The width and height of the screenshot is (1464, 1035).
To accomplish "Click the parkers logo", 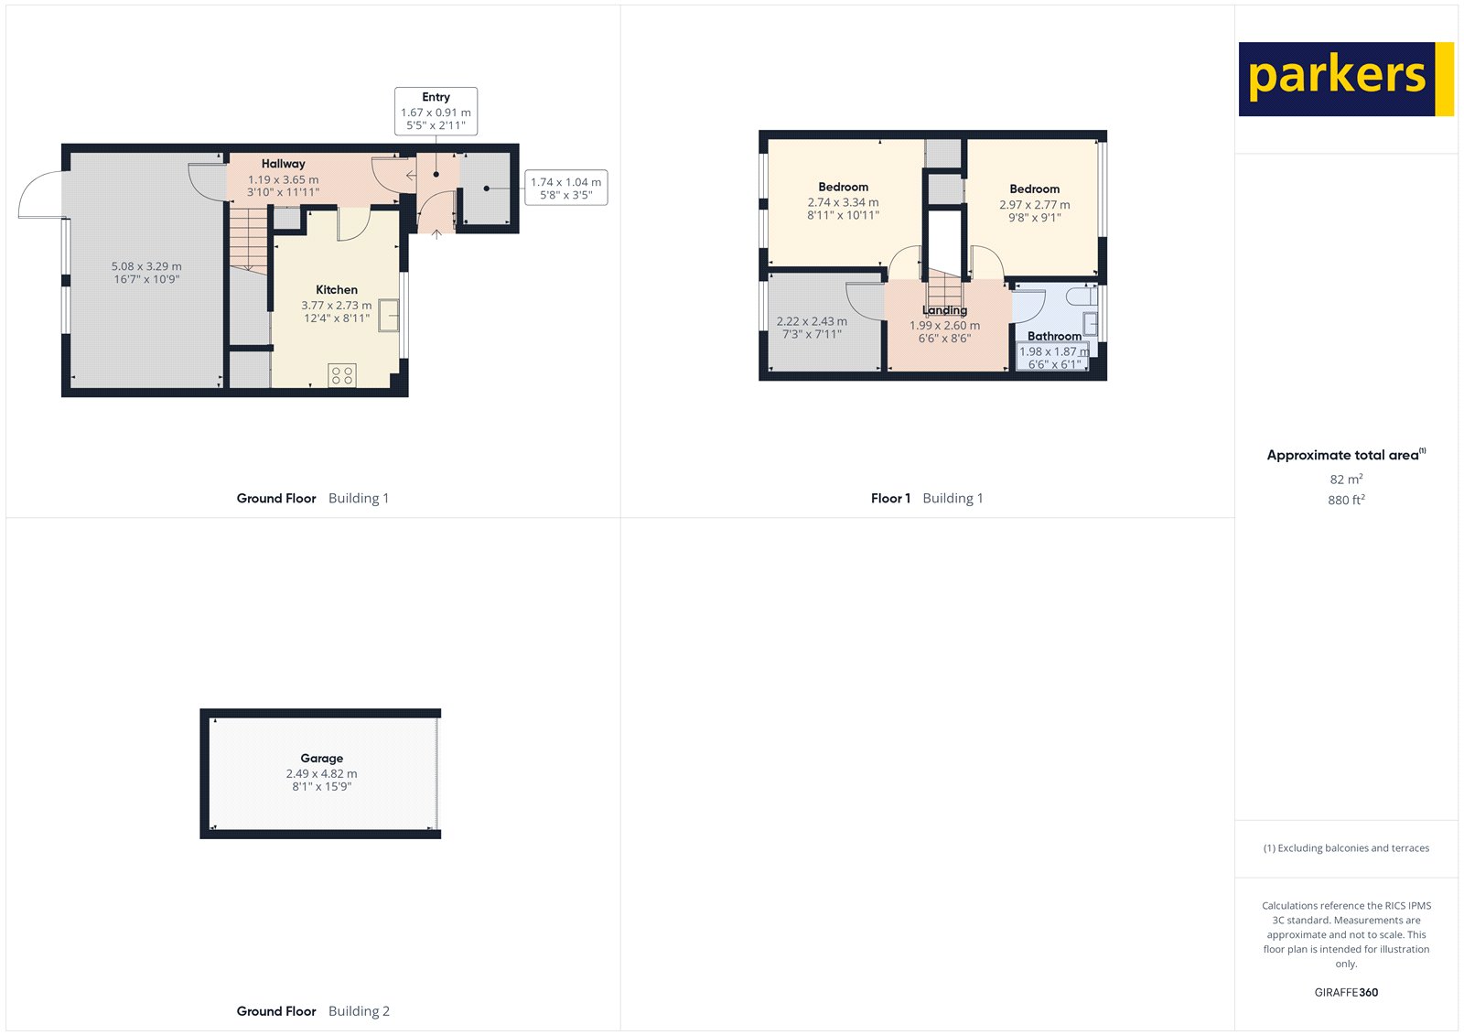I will point(1345,79).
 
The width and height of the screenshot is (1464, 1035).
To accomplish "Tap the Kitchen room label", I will point(337,290).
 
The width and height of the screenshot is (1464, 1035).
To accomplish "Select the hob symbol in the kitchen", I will point(342,374).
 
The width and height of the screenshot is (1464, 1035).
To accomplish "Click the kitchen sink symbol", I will point(389,316).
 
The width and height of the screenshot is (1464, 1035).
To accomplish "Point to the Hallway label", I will point(283,164).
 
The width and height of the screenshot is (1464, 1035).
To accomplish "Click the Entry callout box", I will point(436,111).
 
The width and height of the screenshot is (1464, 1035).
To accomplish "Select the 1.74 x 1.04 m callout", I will point(565,188).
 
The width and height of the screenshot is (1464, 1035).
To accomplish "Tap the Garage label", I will point(321,758).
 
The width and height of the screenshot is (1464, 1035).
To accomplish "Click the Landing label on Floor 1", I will point(944,310).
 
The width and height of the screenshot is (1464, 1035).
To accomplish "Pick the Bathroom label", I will point(1054,336).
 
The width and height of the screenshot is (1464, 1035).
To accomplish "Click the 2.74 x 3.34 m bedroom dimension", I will point(843,202).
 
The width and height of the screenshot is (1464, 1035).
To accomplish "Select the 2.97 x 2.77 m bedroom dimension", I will point(1034,205).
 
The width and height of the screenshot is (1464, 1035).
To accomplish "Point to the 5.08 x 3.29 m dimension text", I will point(146,266).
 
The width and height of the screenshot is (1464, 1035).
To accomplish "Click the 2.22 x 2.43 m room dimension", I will point(812,321).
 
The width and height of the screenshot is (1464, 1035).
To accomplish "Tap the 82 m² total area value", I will point(1346,480).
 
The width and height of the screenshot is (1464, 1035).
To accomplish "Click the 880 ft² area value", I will point(1346,500).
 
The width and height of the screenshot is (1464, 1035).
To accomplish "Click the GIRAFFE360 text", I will point(1346,992).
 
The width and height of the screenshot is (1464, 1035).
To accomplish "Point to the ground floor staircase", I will point(248,239).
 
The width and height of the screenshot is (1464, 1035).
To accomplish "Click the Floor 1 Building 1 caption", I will point(926,498).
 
